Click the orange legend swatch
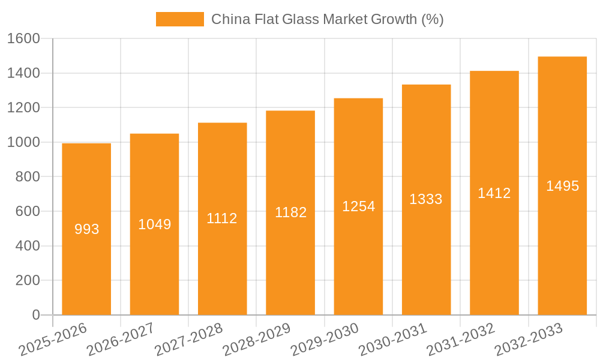coord(179,19)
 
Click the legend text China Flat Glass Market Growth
coord(327,19)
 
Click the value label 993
coord(86,229)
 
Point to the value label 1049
coord(155,224)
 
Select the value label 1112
coord(222,218)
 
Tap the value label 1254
coord(358,206)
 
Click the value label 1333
coord(426,199)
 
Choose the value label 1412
coord(494,193)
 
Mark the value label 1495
coord(562,186)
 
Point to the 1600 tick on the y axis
coord(23,39)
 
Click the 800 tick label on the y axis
coord(28,177)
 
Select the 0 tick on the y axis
coord(35,315)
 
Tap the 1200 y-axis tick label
coord(23,108)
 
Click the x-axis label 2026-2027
coord(121,340)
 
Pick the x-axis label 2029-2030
coord(325,340)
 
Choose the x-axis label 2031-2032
coord(461,340)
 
